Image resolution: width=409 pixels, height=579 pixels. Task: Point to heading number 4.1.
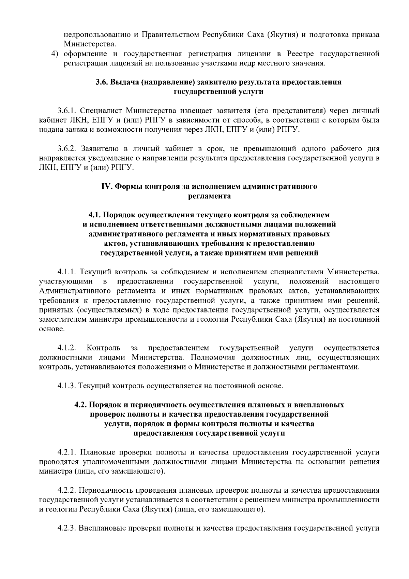94,215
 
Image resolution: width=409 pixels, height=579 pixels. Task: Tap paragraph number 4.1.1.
68,272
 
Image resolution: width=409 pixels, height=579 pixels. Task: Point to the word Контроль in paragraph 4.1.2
103,348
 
